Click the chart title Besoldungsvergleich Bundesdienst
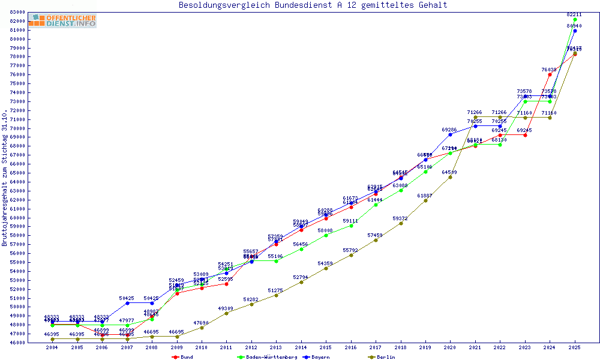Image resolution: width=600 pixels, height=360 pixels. pyautogui.click(x=313, y=5)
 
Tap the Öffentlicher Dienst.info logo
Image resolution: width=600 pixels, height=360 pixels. pyautogui.click(x=62, y=20)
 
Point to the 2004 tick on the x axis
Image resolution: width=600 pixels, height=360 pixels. pyautogui.click(x=53, y=347)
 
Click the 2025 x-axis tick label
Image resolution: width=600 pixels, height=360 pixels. pyautogui.click(x=575, y=347)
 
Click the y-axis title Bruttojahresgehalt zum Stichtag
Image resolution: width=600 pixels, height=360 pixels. pyautogui.click(x=5, y=178)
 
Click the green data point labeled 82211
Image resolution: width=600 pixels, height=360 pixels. pyautogui.click(x=575, y=19)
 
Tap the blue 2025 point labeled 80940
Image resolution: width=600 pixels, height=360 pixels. pyautogui.click(x=575, y=31)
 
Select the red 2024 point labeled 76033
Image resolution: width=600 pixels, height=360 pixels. pyautogui.click(x=550, y=74)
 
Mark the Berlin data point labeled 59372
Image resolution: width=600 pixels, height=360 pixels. pyautogui.click(x=401, y=223)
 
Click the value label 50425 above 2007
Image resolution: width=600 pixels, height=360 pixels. pyautogui.click(x=127, y=298)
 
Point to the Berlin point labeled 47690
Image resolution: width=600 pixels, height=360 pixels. pyautogui.click(x=202, y=328)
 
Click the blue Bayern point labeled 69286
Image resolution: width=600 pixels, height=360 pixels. pyautogui.click(x=451, y=134)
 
